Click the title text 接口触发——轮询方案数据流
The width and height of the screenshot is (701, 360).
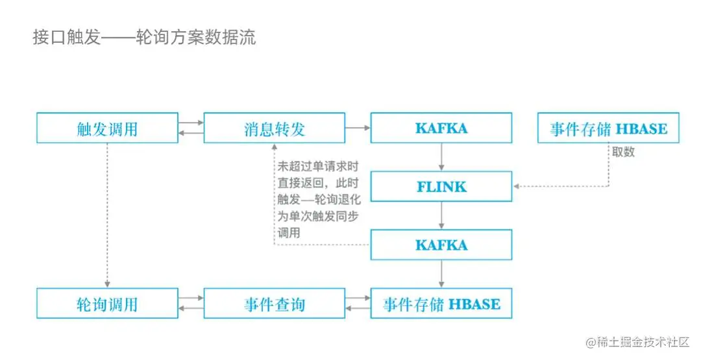144,37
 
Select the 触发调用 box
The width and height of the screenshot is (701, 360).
107,128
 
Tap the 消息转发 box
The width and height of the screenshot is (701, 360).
274,128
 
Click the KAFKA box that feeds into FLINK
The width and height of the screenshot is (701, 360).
441,128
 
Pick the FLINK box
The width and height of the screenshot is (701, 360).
441,187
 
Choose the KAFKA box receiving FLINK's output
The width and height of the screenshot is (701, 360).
441,245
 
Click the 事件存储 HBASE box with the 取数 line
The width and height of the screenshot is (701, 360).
608,128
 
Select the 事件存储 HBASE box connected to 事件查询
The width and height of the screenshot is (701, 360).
441,304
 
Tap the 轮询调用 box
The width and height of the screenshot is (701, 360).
107,304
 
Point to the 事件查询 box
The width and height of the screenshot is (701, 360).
274,304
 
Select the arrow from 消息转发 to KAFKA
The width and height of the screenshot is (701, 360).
358,128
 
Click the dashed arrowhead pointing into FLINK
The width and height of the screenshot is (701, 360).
517,187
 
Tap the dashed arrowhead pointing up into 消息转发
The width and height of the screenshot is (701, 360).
274,148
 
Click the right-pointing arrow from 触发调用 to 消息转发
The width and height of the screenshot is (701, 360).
191,122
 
